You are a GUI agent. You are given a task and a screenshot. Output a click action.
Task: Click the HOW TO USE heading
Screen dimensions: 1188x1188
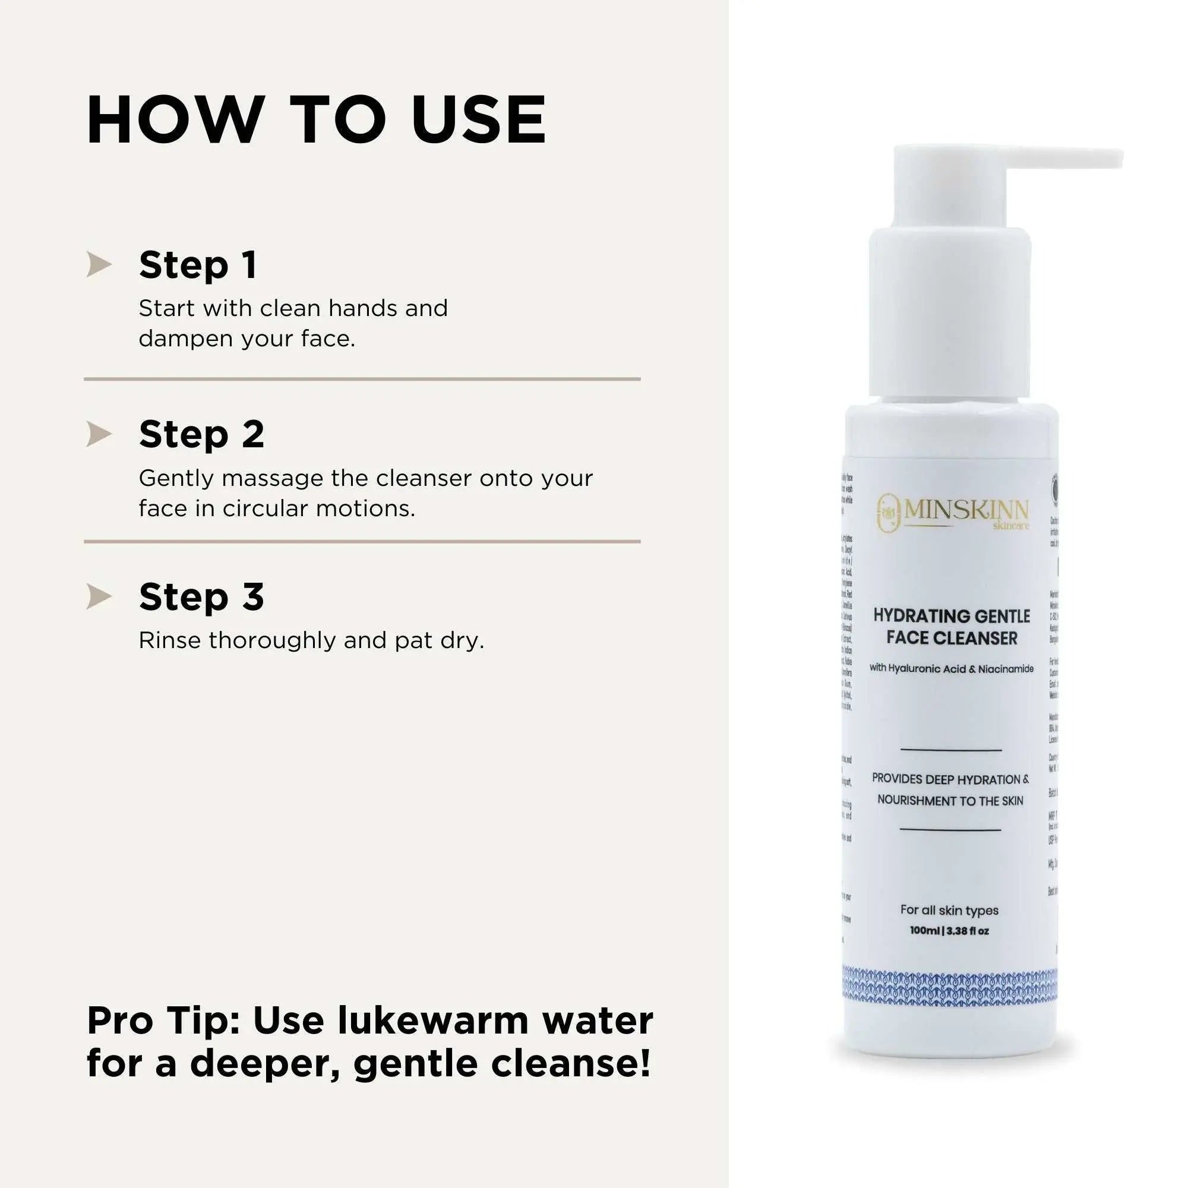[x=316, y=121]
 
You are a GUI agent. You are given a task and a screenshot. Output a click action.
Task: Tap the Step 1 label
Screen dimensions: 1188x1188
[x=197, y=265]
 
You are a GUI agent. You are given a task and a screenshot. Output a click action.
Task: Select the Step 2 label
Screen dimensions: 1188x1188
[x=201, y=434]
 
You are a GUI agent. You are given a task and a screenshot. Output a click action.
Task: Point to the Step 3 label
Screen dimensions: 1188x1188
[x=201, y=596]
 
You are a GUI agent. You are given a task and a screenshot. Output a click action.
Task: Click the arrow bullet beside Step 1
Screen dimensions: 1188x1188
[x=99, y=264]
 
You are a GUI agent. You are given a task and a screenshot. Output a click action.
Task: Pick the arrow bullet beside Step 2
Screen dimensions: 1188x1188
[x=99, y=434]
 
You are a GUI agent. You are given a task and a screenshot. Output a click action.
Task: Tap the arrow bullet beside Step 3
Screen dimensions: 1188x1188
[x=99, y=596]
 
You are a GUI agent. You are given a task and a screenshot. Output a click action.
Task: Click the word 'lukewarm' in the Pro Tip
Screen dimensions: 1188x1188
[x=434, y=1021]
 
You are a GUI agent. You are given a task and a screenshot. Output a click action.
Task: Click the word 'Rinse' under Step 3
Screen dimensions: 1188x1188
[x=169, y=640]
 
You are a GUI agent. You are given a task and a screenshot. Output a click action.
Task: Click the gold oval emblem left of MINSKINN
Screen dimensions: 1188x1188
[x=888, y=511]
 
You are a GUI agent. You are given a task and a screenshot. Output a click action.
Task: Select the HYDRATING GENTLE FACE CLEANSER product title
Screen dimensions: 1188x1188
[x=951, y=627]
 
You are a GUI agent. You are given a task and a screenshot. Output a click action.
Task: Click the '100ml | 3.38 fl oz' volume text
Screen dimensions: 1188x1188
[x=949, y=931]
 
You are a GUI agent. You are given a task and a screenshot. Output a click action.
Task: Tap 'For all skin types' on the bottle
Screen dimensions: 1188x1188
[x=949, y=910]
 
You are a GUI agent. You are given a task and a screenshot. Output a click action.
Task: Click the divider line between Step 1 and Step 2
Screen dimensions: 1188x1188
[x=362, y=380]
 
